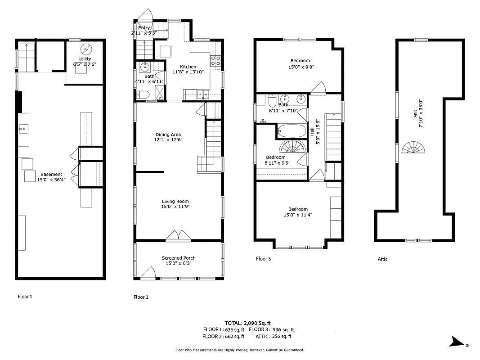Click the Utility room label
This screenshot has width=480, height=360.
(85, 59)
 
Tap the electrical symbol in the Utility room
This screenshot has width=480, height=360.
(85, 49)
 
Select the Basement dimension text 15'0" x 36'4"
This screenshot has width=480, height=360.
(51, 180)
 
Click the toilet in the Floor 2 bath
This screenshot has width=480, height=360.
(144, 94)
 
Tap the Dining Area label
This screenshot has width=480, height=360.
(168, 135)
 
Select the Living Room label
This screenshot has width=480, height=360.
(175, 202)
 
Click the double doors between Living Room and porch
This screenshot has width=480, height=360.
(179, 235)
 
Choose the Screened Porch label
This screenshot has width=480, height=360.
(179, 258)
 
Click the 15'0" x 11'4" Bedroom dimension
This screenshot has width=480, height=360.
(298, 215)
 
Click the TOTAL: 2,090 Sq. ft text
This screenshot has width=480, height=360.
(248, 323)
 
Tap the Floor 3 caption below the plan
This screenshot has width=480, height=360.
(264, 259)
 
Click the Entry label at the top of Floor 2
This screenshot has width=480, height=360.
(144, 28)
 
